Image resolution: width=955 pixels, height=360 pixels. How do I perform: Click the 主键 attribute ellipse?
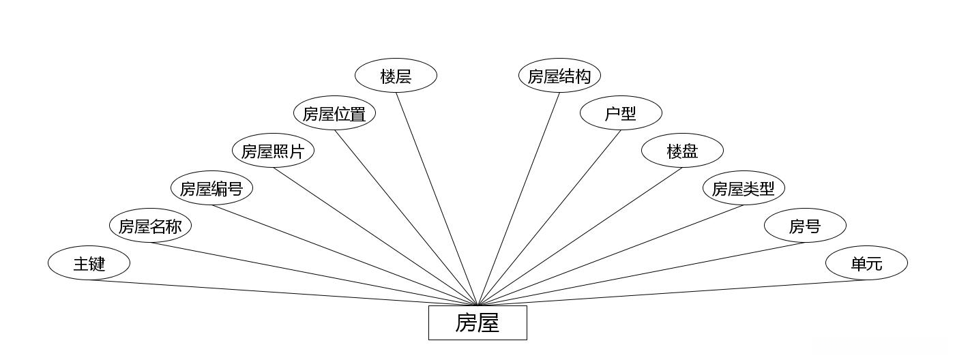pyautogui.click(x=89, y=263)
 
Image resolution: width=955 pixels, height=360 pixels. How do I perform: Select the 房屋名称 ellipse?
pyautogui.click(x=150, y=226)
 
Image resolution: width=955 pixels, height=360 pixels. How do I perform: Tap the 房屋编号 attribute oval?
pyautogui.click(x=211, y=188)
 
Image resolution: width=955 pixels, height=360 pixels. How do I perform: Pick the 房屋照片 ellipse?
pyautogui.click(x=273, y=151)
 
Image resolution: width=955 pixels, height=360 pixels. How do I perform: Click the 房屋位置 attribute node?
pyautogui.click(x=334, y=113)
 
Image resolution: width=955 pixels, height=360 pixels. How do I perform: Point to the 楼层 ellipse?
pyautogui.click(x=396, y=76)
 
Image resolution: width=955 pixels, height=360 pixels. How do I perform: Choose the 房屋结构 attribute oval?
pyautogui.click(x=559, y=76)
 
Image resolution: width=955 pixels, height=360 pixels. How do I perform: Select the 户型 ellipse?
pyautogui.click(x=621, y=113)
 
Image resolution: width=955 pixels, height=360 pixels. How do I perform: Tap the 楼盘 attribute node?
pyautogui.click(x=682, y=151)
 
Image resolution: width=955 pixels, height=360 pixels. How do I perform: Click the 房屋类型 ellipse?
pyautogui.click(x=744, y=188)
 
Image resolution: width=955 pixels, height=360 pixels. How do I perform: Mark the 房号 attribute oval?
pyautogui.click(x=805, y=226)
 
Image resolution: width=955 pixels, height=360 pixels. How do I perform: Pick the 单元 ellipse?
pyautogui.click(x=866, y=263)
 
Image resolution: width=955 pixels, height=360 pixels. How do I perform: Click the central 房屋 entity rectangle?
pyautogui.click(x=477, y=322)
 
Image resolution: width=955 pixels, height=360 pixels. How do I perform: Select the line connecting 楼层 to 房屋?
pyautogui.click(x=437, y=198)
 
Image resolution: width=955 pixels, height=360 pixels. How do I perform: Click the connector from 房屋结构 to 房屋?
pyautogui.click(x=518, y=198)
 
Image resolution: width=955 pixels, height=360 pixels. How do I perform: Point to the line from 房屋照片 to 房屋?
pyautogui.click(x=375, y=236)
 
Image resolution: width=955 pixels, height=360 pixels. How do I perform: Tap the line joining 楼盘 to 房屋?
pyautogui.click(x=580, y=236)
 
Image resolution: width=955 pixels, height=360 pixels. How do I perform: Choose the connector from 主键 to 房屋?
pyautogui.click(x=283, y=292)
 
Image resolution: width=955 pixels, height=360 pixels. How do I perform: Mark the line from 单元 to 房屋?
pyautogui.click(x=672, y=292)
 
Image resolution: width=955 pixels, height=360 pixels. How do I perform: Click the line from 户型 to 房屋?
pyautogui.click(x=549, y=217)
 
